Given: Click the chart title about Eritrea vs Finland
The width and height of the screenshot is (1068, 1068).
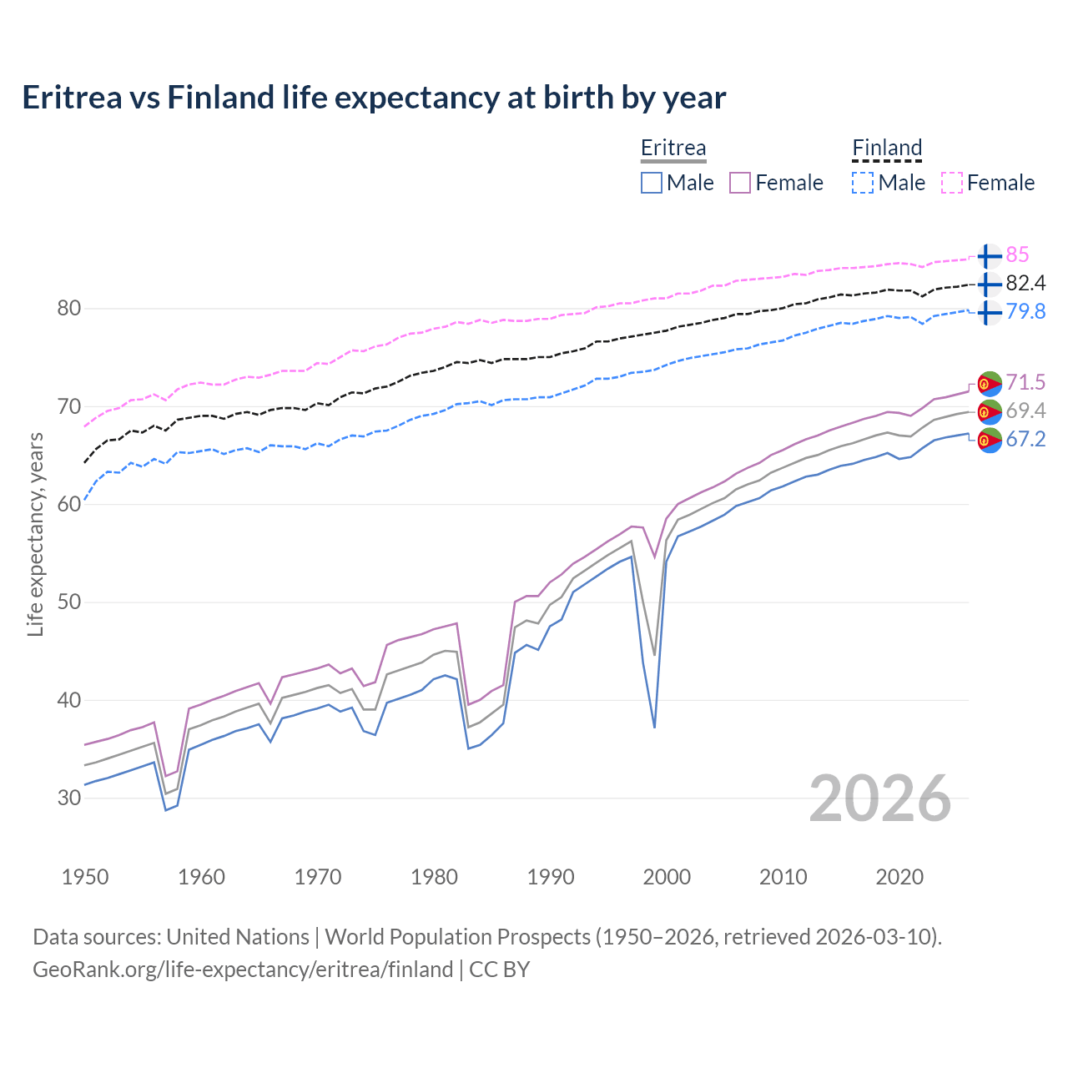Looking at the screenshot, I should click(x=374, y=98).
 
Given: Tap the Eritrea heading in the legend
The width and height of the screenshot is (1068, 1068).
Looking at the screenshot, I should click(x=673, y=148).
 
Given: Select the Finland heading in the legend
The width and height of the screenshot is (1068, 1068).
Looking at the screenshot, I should click(x=887, y=148).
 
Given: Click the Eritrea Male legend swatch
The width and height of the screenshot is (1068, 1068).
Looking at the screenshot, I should click(x=652, y=183).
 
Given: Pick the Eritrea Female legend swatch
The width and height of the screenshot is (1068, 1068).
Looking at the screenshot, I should click(x=740, y=183).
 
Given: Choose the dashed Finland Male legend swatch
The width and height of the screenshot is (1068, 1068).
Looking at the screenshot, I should click(x=863, y=183).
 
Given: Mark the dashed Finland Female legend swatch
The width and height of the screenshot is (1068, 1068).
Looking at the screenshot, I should click(x=952, y=183).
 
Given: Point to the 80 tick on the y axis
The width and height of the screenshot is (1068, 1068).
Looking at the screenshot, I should click(x=68, y=309).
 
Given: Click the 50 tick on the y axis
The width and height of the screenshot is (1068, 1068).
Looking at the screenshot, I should click(x=68, y=602).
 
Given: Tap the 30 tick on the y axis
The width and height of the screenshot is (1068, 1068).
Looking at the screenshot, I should click(x=68, y=798).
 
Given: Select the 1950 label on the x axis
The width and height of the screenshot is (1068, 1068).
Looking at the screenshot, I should click(x=85, y=877).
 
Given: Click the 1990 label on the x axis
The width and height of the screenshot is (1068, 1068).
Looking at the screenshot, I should click(x=551, y=877).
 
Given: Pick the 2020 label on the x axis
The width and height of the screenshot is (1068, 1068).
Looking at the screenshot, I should click(x=899, y=877).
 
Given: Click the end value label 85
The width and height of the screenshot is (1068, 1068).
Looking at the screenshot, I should click(x=1017, y=255).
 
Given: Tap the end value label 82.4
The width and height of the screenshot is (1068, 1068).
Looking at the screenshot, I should click(x=1025, y=284).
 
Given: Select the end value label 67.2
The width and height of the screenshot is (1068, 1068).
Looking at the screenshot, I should click(x=1025, y=440).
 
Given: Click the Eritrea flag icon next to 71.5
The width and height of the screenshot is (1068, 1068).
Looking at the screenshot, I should click(x=989, y=383).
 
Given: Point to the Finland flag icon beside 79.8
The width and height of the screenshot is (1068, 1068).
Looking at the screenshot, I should click(x=989, y=313).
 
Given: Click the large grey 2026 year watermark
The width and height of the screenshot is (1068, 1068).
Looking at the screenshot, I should click(x=879, y=798).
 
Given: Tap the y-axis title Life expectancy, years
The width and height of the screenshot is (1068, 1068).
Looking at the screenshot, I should click(x=36, y=534).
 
